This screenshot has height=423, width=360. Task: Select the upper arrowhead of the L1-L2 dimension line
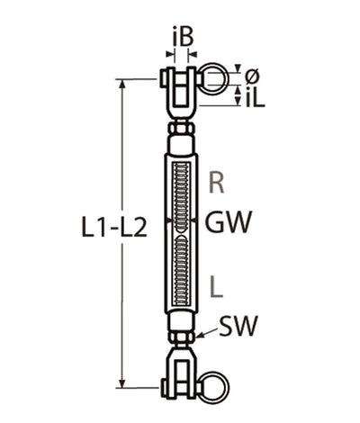(123, 85)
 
